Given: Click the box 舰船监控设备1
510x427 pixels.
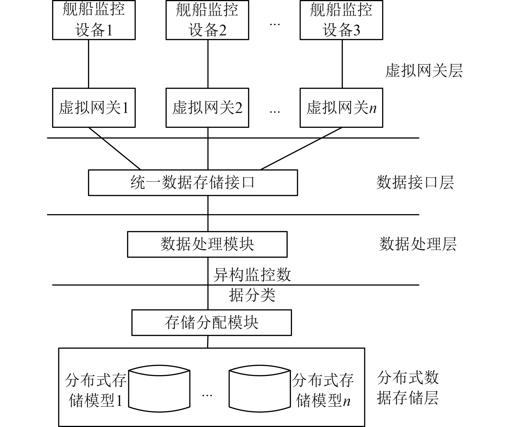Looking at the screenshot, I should pyautogui.click(x=94, y=20).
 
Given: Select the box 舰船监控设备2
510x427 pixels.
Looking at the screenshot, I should pyautogui.click(x=207, y=20).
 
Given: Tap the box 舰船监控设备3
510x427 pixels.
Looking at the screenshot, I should pyautogui.click(x=341, y=20).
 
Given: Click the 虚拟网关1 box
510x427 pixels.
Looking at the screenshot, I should pyautogui.click(x=94, y=108).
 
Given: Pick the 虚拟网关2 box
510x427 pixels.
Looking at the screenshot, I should pyautogui.click(x=207, y=108).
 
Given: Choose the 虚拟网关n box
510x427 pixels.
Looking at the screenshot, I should pyautogui.click(x=341, y=108).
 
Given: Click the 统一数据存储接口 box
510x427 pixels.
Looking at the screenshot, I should pyautogui.click(x=193, y=182).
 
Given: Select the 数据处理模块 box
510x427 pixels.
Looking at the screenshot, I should pyautogui.click(x=207, y=244).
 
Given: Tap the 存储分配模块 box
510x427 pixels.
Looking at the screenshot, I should pyautogui.click(x=211, y=322).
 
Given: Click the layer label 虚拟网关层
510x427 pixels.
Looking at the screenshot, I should pyautogui.click(x=424, y=71).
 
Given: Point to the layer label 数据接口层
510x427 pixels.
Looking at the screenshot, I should pyautogui.click(x=415, y=182).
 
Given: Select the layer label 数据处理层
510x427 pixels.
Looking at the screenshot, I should pyautogui.click(x=418, y=244).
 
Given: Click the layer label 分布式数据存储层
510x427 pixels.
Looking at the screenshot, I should pyautogui.click(x=408, y=388).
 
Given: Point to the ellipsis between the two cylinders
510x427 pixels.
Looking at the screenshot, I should pyautogui.click(x=207, y=395).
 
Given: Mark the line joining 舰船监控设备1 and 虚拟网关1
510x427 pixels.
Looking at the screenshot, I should pyautogui.click(x=89, y=64).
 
